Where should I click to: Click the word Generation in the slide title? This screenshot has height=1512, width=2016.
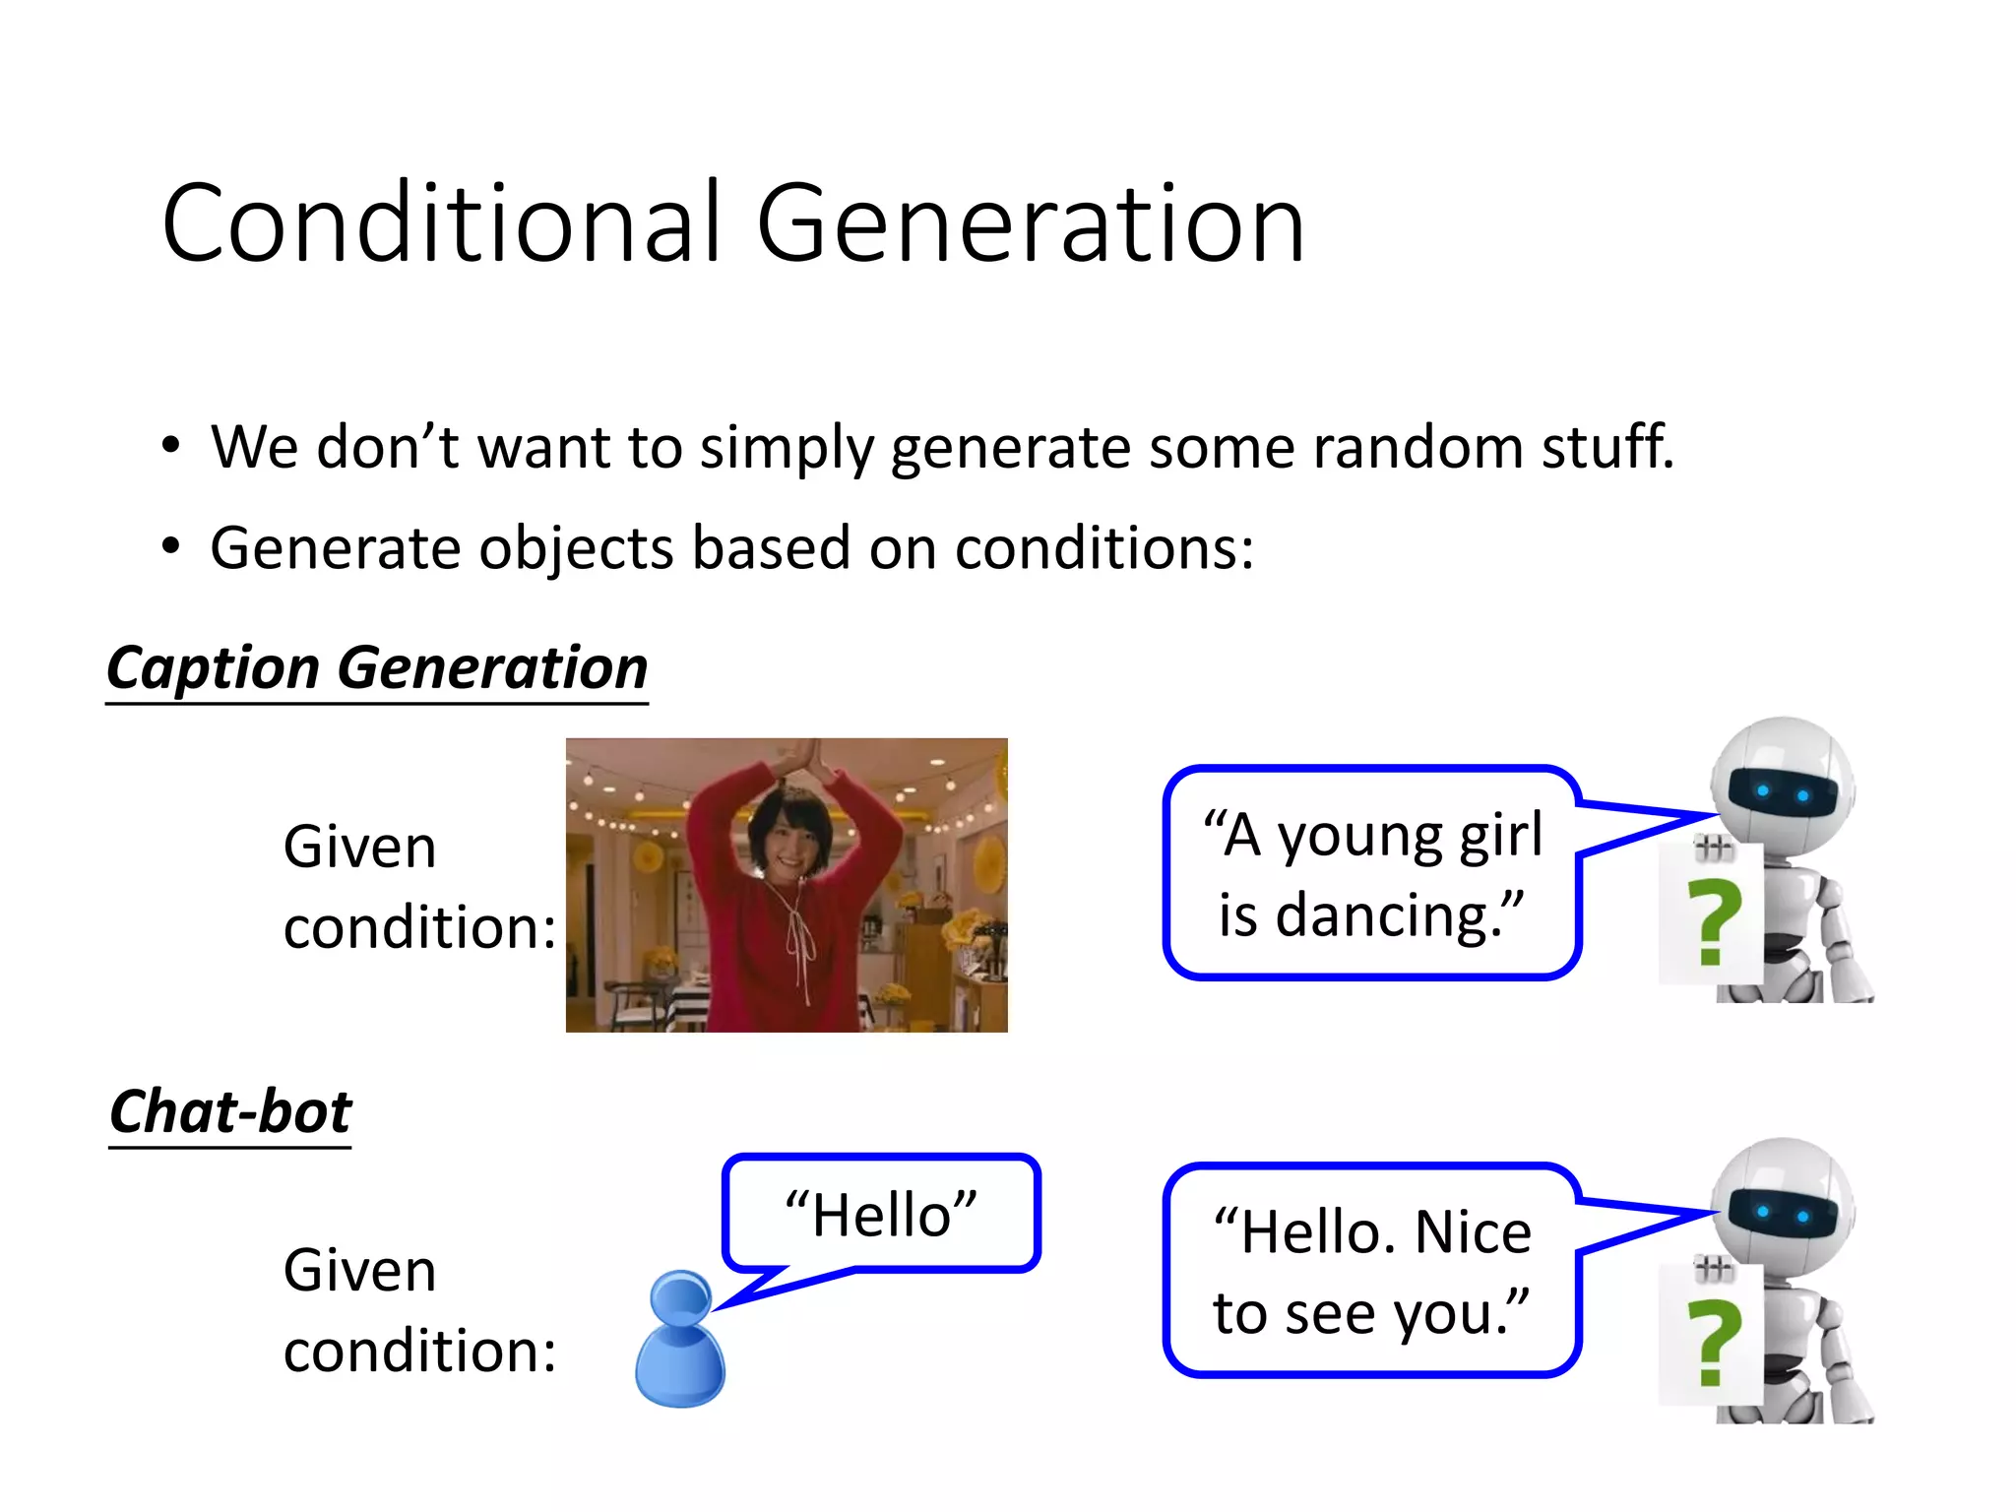[1030, 224]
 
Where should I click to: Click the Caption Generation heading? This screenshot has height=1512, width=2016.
[377, 669]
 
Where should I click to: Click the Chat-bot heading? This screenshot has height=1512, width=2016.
[230, 1112]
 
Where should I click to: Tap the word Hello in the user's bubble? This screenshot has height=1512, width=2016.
[882, 1215]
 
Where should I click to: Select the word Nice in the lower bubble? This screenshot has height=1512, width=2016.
[1473, 1232]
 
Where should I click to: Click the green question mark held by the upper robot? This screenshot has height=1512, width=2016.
[1713, 923]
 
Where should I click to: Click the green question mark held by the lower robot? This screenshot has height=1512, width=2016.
[1713, 1343]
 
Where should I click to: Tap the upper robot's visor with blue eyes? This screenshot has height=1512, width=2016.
[1783, 792]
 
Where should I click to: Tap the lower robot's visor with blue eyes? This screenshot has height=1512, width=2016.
[1783, 1214]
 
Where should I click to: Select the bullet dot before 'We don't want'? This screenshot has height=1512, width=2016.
[171, 446]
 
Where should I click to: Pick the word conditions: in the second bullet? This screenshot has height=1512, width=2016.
[1104, 548]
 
